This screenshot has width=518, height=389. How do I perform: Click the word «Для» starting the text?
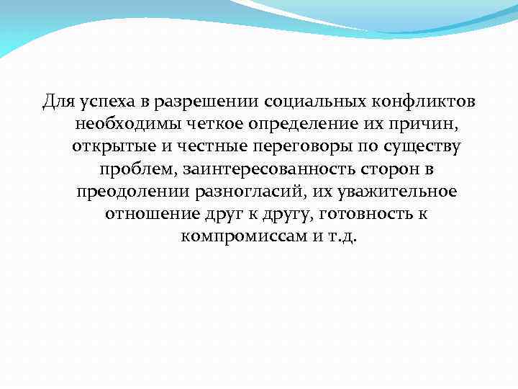click(x=56, y=101)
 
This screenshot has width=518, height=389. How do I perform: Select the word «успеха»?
click(x=101, y=102)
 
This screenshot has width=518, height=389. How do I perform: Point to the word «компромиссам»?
click(x=242, y=236)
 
